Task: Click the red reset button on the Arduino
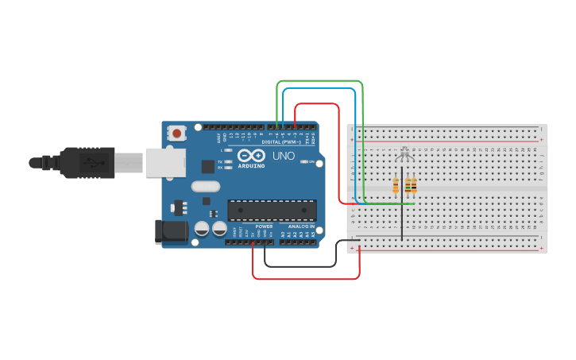176,134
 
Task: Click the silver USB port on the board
164,163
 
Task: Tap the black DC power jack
170,231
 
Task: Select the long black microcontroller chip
272,210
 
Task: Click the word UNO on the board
284,156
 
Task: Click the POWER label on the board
264,226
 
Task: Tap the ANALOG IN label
299,226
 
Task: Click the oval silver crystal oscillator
204,187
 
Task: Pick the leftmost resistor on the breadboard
396,186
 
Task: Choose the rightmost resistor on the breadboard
414,186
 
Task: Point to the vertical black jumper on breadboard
402,219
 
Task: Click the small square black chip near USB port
208,166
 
